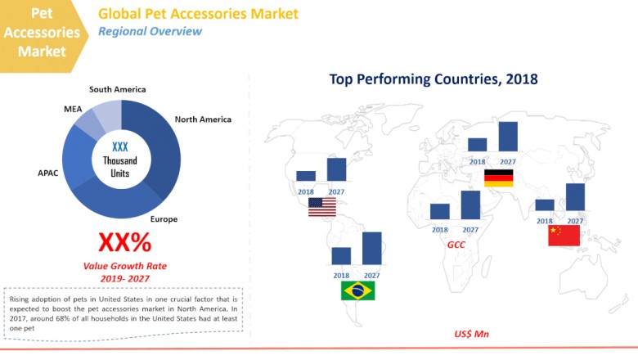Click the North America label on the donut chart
coord(203,119)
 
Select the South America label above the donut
coord(118,89)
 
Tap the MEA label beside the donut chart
coord(73,109)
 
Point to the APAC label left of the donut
coord(47,173)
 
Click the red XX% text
coord(124,243)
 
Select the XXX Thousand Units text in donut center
coord(120,159)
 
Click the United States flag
coord(322,208)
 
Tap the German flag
coord(498,178)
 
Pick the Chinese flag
coord(564,236)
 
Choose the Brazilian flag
coord(357,290)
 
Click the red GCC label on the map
coord(456,245)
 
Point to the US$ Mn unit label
coord(470,335)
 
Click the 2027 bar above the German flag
coord(508,137)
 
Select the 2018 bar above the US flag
coord(306,176)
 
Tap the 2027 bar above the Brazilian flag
coord(372,249)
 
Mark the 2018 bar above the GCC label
coord(440,212)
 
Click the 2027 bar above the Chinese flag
coord(575,197)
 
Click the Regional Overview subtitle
coord(150,32)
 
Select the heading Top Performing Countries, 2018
coord(434,79)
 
